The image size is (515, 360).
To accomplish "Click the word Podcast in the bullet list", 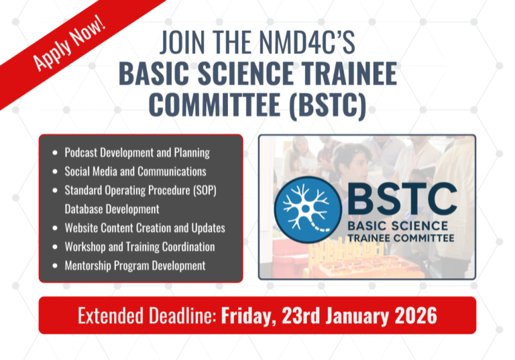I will [81, 152].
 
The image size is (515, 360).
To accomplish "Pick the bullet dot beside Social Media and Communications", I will [55, 172].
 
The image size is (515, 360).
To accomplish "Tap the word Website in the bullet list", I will [82, 228].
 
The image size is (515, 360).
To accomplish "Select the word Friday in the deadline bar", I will [247, 316].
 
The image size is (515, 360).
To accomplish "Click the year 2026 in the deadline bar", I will [416, 316].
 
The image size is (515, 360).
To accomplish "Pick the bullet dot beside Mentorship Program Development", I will [55, 266].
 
